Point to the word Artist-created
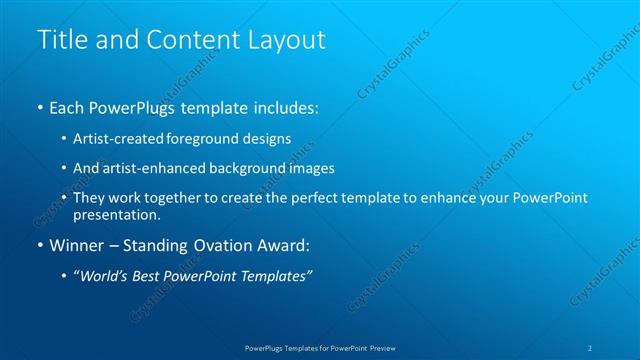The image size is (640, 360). coord(114,138)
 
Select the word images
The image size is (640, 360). coord(309,168)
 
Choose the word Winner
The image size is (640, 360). coord(78,245)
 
